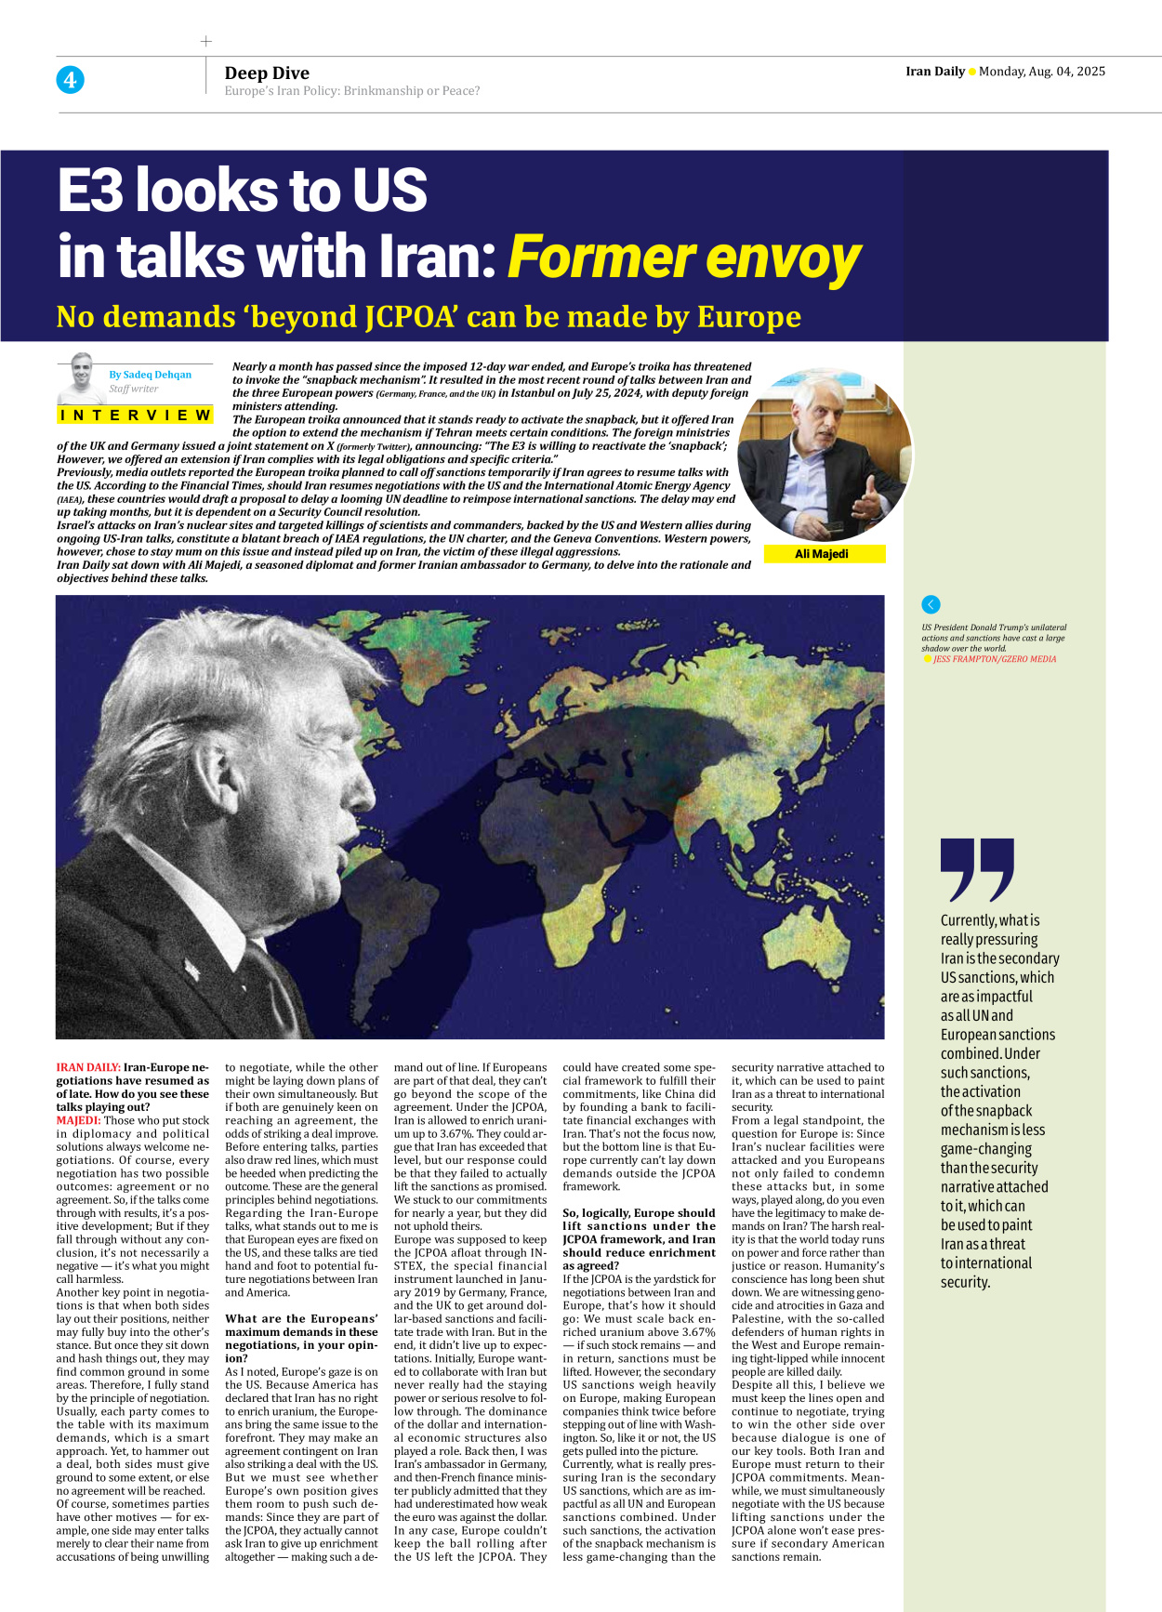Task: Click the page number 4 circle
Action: [x=70, y=80]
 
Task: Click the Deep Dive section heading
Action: [x=267, y=73]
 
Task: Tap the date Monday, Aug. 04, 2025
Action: [x=1041, y=72]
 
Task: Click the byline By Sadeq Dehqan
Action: [x=150, y=375]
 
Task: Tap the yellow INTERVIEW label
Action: [x=136, y=415]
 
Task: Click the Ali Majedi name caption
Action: [x=822, y=554]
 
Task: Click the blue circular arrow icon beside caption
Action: [x=931, y=604]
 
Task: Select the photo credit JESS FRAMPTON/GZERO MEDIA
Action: [x=994, y=659]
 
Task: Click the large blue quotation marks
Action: [x=976, y=870]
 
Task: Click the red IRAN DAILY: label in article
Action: [x=88, y=1067]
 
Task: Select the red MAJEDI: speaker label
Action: [x=78, y=1120]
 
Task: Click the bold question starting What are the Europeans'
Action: [x=301, y=1331]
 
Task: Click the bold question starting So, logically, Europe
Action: [x=639, y=1238]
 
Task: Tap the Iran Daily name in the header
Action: [x=934, y=72]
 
